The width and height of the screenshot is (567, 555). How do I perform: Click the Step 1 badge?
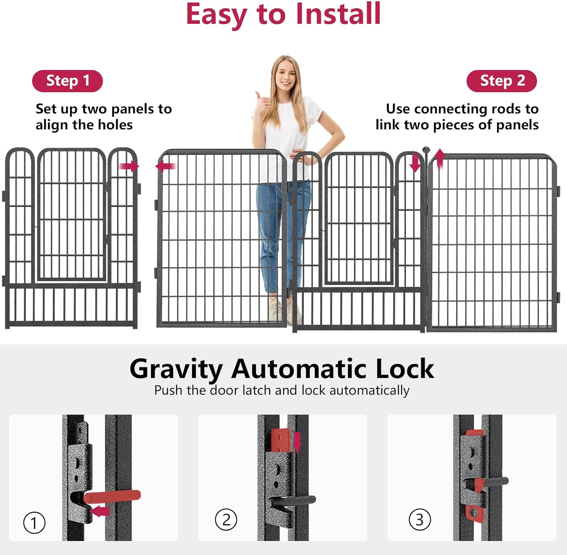point(67,81)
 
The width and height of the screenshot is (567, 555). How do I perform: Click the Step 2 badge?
point(502,81)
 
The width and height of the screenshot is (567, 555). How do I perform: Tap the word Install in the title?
point(338,14)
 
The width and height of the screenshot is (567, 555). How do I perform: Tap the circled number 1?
point(34,523)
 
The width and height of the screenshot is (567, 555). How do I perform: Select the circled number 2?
point(226,519)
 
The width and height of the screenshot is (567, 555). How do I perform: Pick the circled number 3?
point(420,519)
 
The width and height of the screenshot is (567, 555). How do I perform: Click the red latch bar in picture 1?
point(112,496)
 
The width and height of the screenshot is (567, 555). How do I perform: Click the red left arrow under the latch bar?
point(100,512)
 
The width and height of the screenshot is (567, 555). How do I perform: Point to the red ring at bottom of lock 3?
point(473,513)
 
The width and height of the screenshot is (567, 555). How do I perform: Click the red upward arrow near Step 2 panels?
point(440,159)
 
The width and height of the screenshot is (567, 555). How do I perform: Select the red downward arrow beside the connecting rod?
point(415,162)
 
